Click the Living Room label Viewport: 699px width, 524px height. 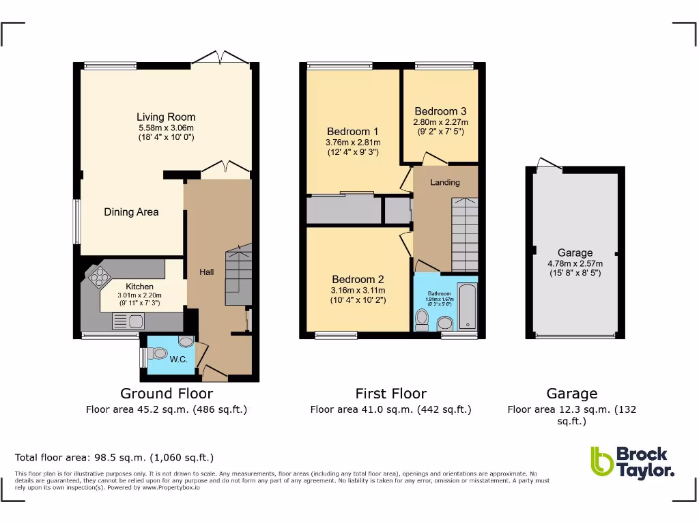click(x=166, y=117)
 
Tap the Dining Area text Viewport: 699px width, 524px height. click(x=131, y=212)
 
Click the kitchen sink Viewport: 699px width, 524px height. click(x=128, y=321)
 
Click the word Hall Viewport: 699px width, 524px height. click(x=206, y=272)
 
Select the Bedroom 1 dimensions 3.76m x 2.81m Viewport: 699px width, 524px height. click(x=352, y=143)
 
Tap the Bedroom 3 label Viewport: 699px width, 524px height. click(x=440, y=111)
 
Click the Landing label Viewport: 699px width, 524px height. click(x=444, y=182)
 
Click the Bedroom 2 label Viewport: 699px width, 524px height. click(x=358, y=279)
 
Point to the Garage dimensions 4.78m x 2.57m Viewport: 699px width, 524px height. click(x=575, y=263)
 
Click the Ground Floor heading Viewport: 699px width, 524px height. click(x=167, y=394)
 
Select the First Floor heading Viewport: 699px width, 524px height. click(x=390, y=394)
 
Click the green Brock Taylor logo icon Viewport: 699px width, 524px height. click(x=602, y=461)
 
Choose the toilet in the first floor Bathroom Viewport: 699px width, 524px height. click(x=422, y=318)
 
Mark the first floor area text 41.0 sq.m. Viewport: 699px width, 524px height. click(x=390, y=410)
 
